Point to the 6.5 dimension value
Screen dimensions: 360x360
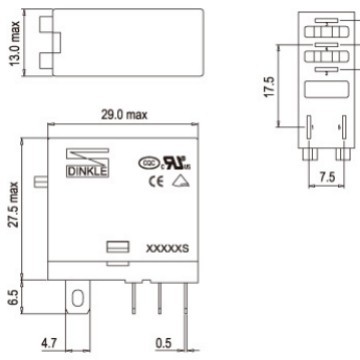click(x=13, y=298)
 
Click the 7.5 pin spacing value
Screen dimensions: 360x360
click(x=326, y=177)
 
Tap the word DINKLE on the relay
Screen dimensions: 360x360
click(x=80, y=171)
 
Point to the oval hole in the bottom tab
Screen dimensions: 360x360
click(x=75, y=297)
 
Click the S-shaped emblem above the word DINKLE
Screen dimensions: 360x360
click(x=79, y=154)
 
